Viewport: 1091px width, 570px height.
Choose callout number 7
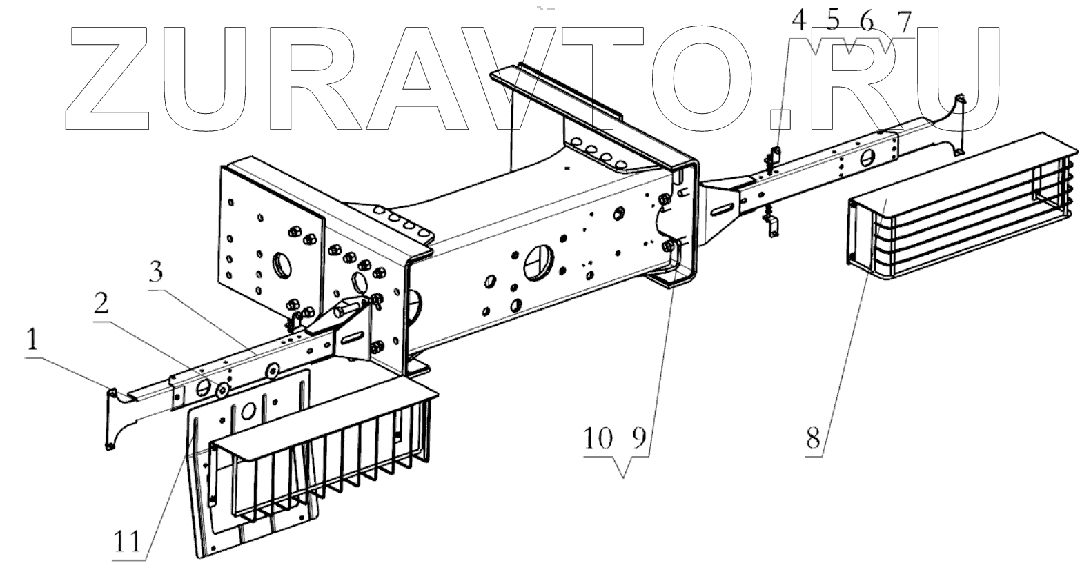click(x=902, y=22)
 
